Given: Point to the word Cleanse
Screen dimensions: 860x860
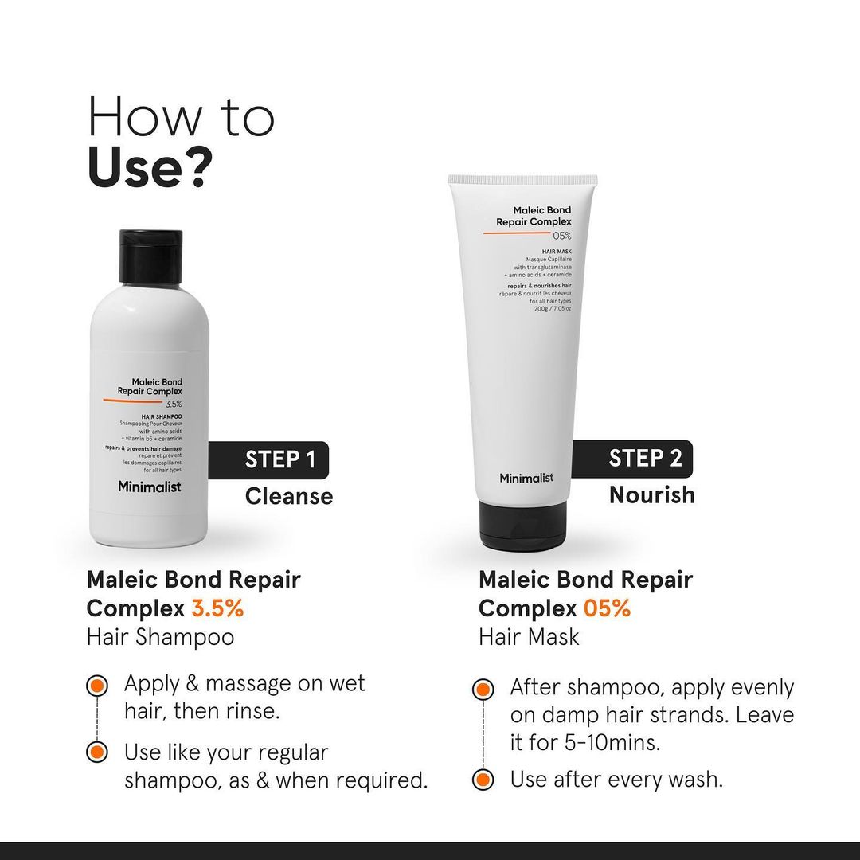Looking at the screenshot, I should pos(288,497).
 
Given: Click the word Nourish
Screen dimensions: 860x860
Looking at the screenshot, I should pos(651,494).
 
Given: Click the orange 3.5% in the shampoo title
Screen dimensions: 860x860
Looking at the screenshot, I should pos(217,608).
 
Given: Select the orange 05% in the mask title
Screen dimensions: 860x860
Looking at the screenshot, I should pos(607,608).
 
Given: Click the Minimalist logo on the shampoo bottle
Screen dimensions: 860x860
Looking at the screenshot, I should pos(149,487).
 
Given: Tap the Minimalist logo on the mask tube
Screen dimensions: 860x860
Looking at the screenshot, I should pos(526,478).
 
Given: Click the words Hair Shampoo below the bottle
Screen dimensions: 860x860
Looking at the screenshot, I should pos(160,637).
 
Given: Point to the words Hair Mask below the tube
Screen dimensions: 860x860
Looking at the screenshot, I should pos(529,637).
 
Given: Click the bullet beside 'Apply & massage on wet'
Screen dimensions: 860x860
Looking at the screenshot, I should pos(97,685).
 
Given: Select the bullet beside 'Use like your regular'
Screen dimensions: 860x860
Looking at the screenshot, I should pos(97,752).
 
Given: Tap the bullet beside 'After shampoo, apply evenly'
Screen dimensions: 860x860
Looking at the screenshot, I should pos(482,689).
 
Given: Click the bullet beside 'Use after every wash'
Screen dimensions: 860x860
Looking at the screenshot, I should pos(482,780).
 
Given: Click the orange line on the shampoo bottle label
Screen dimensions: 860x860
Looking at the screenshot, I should pos(131,400).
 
